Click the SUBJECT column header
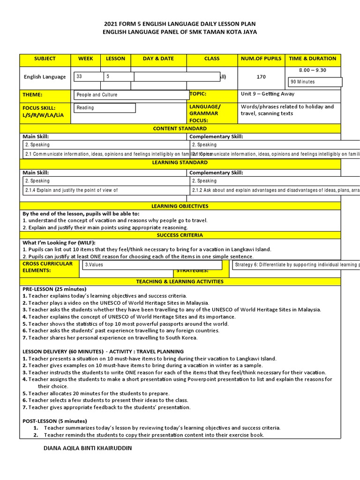[x=45, y=59]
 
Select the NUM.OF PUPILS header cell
[x=261, y=59]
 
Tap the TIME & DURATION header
[x=313, y=59]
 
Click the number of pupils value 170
[x=261, y=77]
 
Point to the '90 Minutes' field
[x=316, y=82]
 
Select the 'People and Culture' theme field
[x=131, y=95]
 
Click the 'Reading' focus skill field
[x=105, y=108]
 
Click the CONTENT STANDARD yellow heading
[x=180, y=128]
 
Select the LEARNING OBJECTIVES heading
[x=180, y=206]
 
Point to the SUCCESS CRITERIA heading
[x=180, y=235]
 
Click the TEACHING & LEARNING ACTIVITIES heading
[x=180, y=282]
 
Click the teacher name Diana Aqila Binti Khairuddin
[x=87, y=449]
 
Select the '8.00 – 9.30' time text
[x=313, y=70]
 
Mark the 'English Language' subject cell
[x=45, y=77]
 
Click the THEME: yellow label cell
[x=45, y=95]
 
